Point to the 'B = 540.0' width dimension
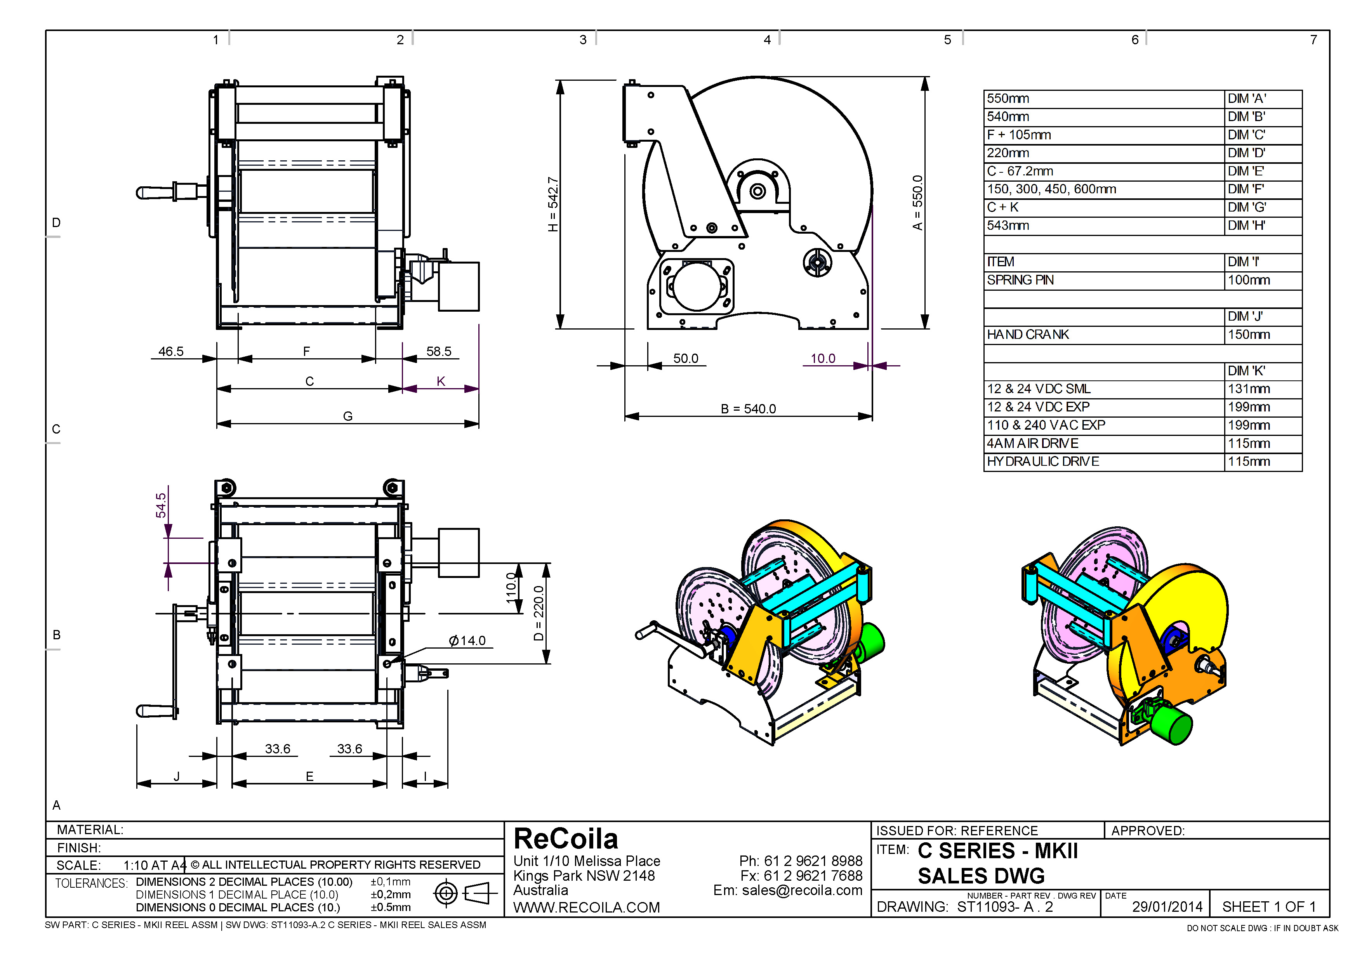tap(748, 409)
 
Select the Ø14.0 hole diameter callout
tap(467, 640)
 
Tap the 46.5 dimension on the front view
tap(171, 351)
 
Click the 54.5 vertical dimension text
tap(161, 505)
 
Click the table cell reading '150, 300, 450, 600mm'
tap(1051, 189)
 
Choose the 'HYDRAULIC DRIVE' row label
tap(1043, 462)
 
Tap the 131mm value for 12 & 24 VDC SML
tap(1249, 389)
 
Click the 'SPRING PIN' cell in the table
tap(1020, 280)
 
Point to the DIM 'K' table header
tap(1246, 371)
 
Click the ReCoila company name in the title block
tap(566, 838)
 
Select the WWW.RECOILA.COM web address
tap(586, 907)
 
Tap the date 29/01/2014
tap(1167, 907)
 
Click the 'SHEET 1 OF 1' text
tap(1269, 907)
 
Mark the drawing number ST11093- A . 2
tap(1005, 907)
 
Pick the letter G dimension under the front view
tap(347, 416)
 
